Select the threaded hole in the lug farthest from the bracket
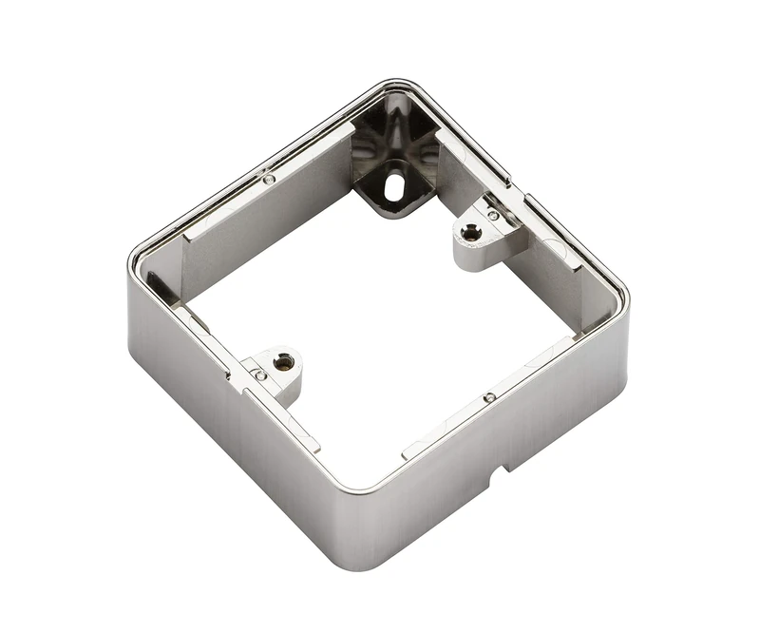(x=281, y=360)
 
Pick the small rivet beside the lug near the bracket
(x=493, y=216)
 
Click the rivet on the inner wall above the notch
(x=487, y=397)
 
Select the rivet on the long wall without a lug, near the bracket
(x=269, y=178)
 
